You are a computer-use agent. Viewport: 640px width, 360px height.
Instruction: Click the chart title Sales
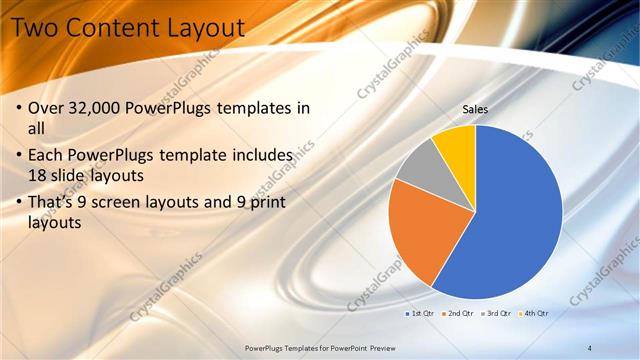475,109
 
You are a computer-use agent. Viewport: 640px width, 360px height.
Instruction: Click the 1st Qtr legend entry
422,313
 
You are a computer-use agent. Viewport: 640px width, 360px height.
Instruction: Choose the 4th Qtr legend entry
534,313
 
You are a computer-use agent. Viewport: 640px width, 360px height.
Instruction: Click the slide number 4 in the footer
590,347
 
